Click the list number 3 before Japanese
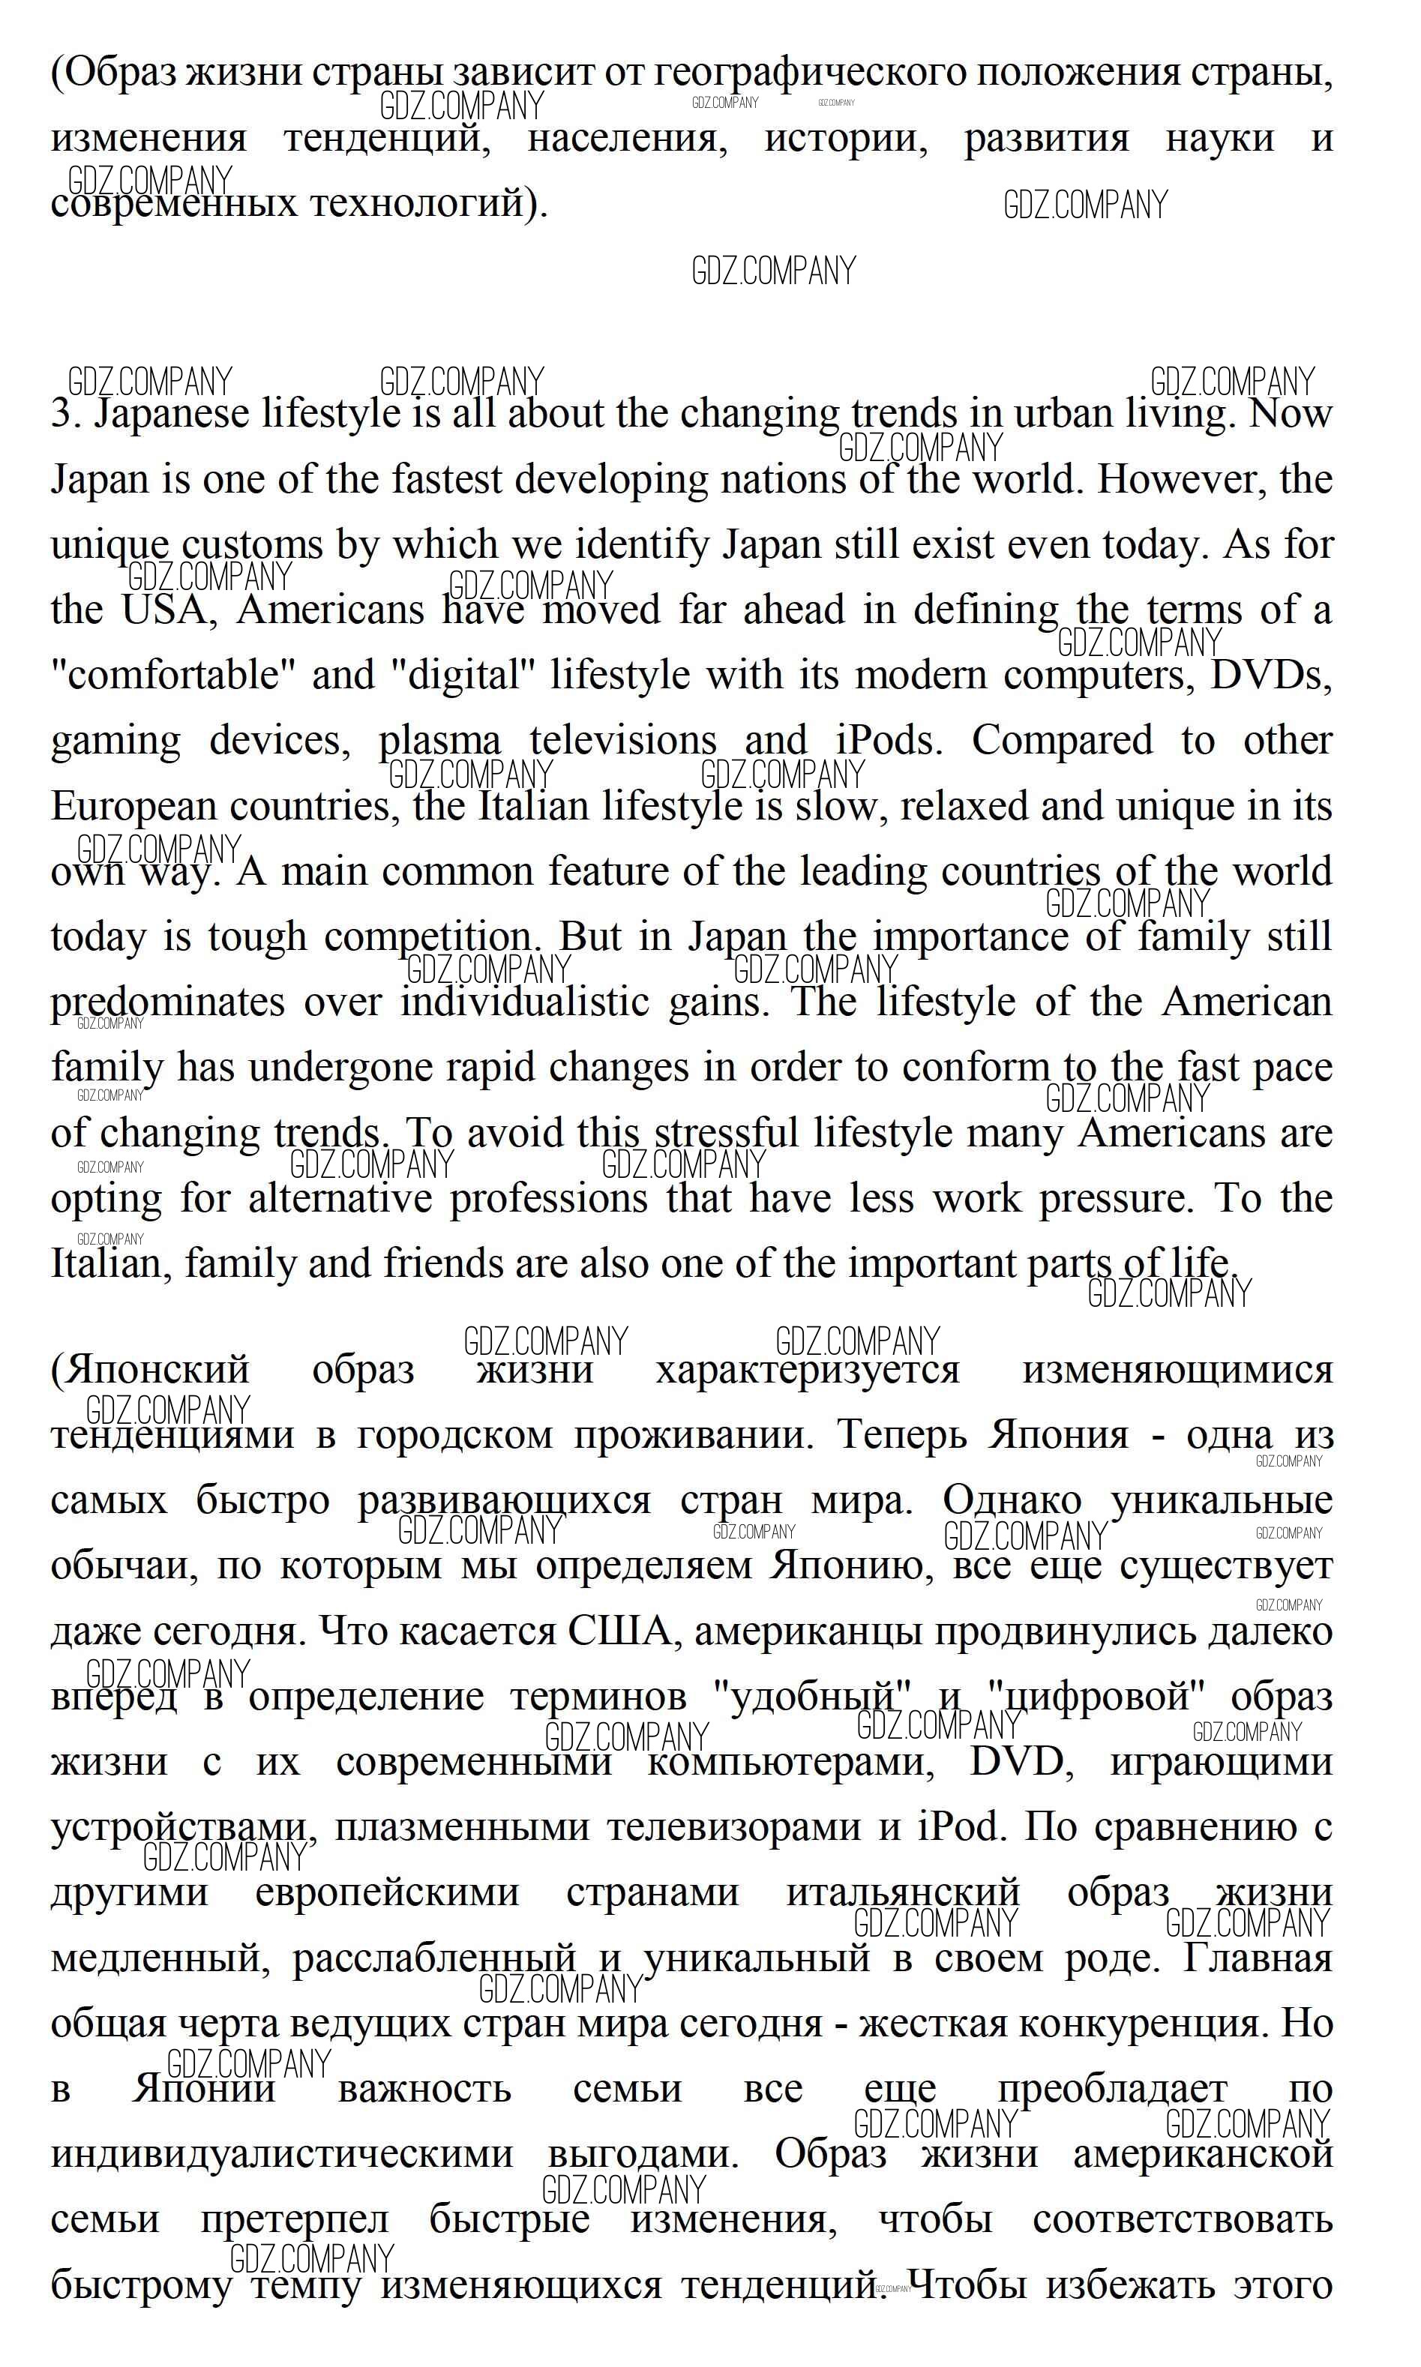(x=62, y=415)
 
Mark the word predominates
(x=167, y=1003)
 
